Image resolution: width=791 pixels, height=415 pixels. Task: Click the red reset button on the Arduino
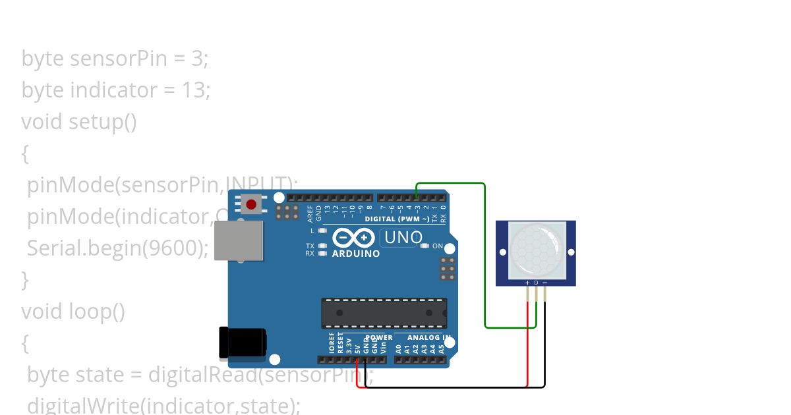tap(251, 204)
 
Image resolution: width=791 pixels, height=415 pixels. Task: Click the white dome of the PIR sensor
tap(536, 249)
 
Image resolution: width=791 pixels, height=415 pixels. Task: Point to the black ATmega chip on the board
tap(384, 313)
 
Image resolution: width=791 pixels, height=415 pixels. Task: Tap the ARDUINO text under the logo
tap(355, 254)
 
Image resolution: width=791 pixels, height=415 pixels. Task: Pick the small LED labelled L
tap(322, 231)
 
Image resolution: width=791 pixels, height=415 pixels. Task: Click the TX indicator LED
tap(322, 246)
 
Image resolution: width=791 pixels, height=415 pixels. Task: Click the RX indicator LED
tap(322, 253)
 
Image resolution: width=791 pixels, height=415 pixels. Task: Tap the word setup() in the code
tap(103, 122)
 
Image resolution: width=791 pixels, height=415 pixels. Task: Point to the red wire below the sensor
tap(527, 349)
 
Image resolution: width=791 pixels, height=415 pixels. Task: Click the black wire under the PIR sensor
tap(545, 349)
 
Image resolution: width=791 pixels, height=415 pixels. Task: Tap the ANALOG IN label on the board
tap(429, 337)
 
